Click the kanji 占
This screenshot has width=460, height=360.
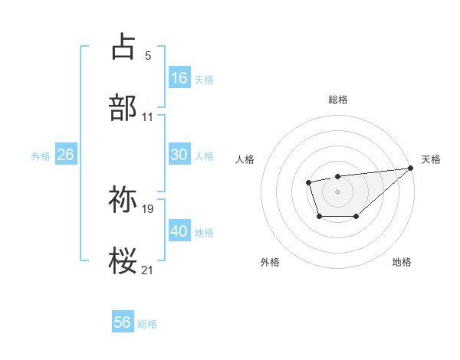coord(123,47)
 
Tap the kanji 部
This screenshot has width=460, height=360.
coord(123,109)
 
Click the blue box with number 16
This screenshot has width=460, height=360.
coord(179,77)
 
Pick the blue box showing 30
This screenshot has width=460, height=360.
coord(179,155)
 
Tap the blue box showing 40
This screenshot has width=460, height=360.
coord(179,231)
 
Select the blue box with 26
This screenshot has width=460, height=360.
coord(65,155)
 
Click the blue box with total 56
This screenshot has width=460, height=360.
coord(123,322)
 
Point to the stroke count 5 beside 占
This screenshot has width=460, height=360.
coord(148,55)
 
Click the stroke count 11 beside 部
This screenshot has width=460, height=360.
coord(148,117)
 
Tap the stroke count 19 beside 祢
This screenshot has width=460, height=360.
coord(148,208)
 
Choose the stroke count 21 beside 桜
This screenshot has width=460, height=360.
coord(148,270)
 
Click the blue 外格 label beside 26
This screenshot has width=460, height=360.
coord(41,155)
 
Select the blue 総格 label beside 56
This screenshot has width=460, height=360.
coord(147,323)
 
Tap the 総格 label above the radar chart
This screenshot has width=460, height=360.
coord(338,100)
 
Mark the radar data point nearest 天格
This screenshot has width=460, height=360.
coord(410,168)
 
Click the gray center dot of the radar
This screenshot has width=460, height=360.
coord(338,191)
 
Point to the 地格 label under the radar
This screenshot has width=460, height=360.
coord(402,262)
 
